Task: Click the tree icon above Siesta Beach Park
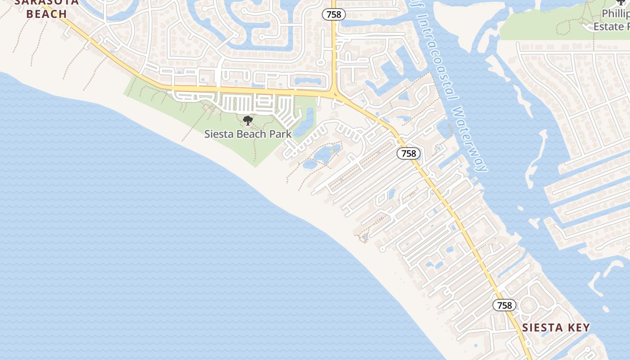pyautogui.click(x=247, y=120)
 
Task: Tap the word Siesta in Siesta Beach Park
pyautogui.click(x=219, y=134)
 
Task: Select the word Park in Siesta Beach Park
pyautogui.click(x=280, y=134)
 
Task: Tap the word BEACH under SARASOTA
pyautogui.click(x=47, y=14)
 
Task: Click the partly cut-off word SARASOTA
pyautogui.click(x=47, y=2)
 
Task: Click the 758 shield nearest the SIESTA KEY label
pyautogui.click(x=504, y=305)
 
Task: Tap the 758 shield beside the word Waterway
pyautogui.click(x=409, y=153)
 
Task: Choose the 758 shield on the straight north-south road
pyautogui.click(x=334, y=14)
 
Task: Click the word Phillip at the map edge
pyautogui.click(x=616, y=14)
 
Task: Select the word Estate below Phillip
pyautogui.click(x=608, y=27)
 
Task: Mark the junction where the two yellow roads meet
pyautogui.click(x=334, y=94)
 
